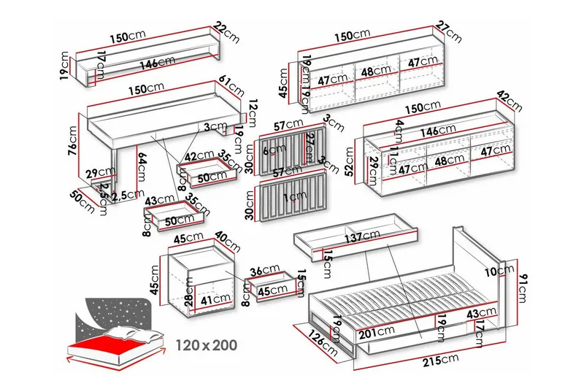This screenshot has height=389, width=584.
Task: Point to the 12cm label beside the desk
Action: point(253,111)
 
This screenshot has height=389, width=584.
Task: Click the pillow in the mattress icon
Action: point(131,334)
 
